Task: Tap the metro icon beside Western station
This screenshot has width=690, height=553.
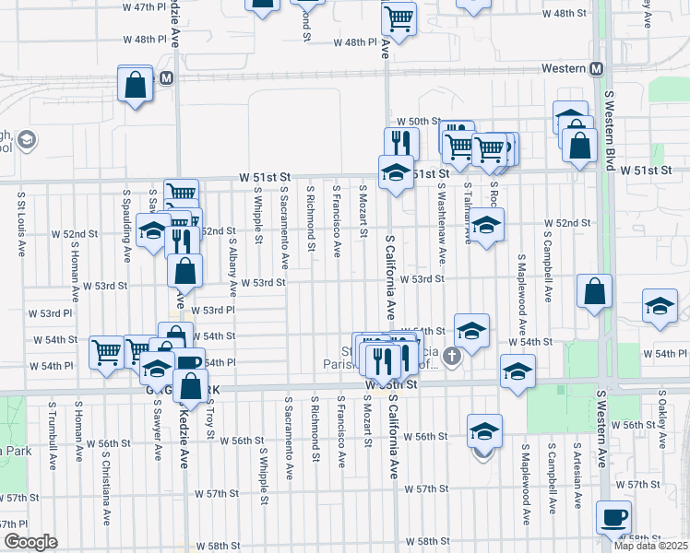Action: point(596,69)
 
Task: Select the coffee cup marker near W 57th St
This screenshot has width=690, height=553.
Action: point(613,517)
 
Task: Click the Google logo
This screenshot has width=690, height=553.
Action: point(30,542)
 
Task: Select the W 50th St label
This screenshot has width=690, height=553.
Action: point(414,122)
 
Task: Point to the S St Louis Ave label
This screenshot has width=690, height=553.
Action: point(19,225)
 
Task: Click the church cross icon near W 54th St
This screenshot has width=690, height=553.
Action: point(451,356)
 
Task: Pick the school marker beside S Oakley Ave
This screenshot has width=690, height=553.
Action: point(660,307)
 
